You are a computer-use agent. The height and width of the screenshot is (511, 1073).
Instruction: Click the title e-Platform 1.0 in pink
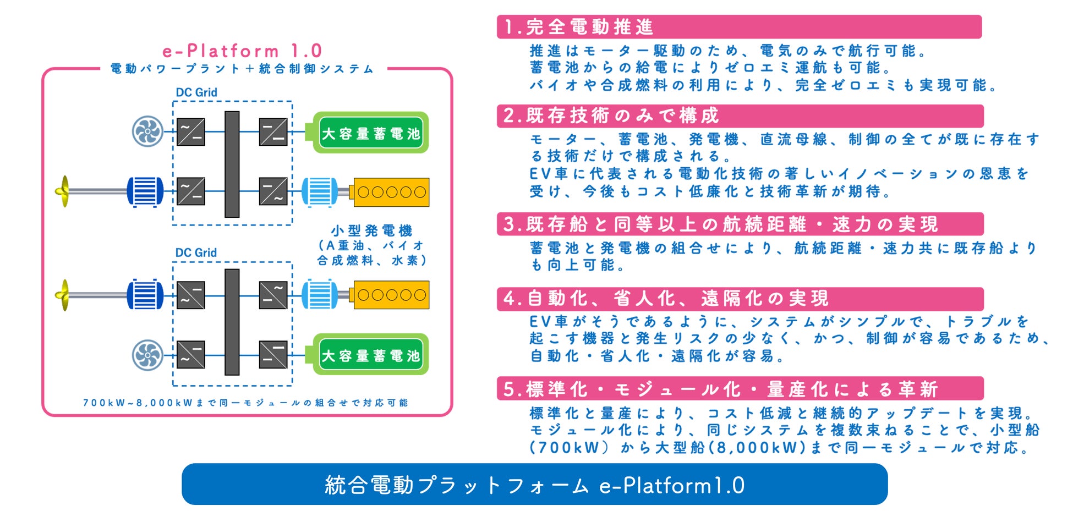pyautogui.click(x=242, y=51)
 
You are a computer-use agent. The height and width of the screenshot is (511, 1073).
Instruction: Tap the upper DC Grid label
pyautogui.click(x=196, y=92)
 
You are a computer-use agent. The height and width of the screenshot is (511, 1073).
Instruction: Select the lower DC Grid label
pyautogui.click(x=196, y=252)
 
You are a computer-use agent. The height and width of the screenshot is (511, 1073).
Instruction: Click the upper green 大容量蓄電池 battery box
pyautogui.click(x=370, y=133)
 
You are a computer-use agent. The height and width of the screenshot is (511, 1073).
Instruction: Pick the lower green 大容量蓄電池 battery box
pyautogui.click(x=370, y=355)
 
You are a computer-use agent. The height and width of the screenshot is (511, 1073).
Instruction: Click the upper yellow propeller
pyautogui.click(x=64, y=191)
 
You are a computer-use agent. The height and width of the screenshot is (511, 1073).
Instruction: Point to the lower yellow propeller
pyautogui.click(x=64, y=295)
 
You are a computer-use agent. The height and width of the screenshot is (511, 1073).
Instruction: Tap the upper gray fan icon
pyautogui.click(x=147, y=131)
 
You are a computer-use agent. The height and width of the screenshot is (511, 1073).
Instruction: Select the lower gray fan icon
pyautogui.click(x=147, y=355)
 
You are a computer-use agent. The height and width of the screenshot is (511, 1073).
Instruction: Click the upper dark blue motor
pyautogui.click(x=145, y=191)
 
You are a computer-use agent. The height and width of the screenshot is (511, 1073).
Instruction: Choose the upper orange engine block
pyautogui.click(x=391, y=192)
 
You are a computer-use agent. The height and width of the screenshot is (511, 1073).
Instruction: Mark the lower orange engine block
pyautogui.click(x=391, y=295)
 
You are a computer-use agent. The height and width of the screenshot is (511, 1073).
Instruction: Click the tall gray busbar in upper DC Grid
pyautogui.click(x=232, y=164)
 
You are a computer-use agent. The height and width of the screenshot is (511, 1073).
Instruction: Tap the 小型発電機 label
pyautogui.click(x=371, y=230)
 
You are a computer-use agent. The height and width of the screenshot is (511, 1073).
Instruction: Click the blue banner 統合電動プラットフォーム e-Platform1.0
pyautogui.click(x=534, y=485)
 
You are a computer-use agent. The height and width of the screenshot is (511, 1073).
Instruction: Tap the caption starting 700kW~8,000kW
pyautogui.click(x=245, y=403)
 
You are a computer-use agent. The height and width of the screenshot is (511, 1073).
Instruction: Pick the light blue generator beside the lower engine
pyautogui.click(x=320, y=295)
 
